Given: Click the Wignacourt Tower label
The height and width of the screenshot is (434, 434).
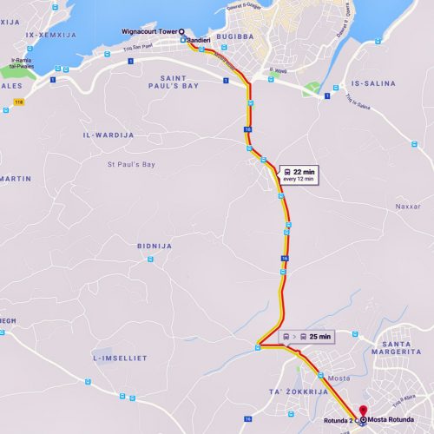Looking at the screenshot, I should point(149,30).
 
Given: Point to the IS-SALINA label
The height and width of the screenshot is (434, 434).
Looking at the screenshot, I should point(372,83).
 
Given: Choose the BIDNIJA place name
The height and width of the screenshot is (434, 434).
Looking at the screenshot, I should point(154,246).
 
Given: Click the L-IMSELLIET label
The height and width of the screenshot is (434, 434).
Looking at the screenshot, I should point(119,357).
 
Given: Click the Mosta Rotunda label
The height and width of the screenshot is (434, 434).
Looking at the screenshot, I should point(388,421).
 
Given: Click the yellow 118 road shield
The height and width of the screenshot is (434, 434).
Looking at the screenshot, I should point(18,102).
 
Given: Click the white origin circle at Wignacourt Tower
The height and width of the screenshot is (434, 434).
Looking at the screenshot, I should point(181,30).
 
